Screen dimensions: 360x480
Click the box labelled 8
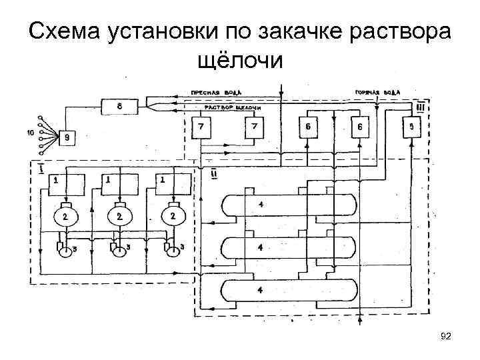tap(119, 105)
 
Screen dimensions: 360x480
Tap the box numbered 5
tap(411, 126)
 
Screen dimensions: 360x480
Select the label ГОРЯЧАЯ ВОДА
tap(377, 93)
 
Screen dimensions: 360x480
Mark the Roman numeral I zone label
tap(41, 170)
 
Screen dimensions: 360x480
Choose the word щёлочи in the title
tap(239, 61)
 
